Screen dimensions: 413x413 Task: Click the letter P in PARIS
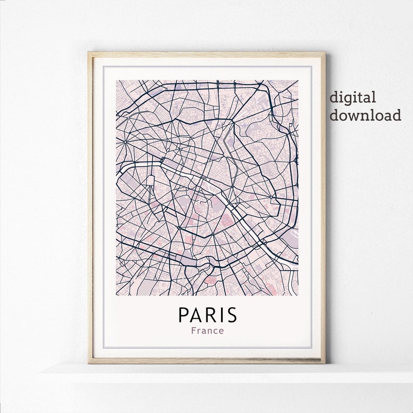184,315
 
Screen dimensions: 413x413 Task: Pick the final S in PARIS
231,315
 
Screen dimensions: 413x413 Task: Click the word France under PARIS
207,330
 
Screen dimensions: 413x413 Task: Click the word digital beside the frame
352,97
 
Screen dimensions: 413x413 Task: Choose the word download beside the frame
365,114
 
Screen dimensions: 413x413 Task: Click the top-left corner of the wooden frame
88,53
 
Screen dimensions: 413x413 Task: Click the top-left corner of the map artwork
117,81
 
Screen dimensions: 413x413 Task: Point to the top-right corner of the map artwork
298,81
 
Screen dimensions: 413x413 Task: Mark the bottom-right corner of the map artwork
298,295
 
